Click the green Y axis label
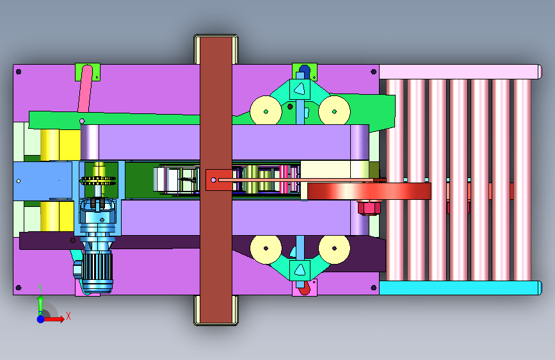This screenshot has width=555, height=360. click(x=40, y=288)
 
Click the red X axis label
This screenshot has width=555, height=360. click(x=68, y=316)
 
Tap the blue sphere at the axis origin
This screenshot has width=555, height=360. click(x=41, y=319)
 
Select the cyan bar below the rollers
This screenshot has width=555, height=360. click(x=460, y=288)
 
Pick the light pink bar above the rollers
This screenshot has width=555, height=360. click(x=460, y=72)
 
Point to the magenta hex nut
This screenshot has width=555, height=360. click(x=369, y=208)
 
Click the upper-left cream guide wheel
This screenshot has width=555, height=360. click(x=266, y=111)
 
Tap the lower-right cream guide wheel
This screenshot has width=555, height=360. click(x=335, y=249)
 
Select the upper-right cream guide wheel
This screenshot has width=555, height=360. click(x=335, y=111)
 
